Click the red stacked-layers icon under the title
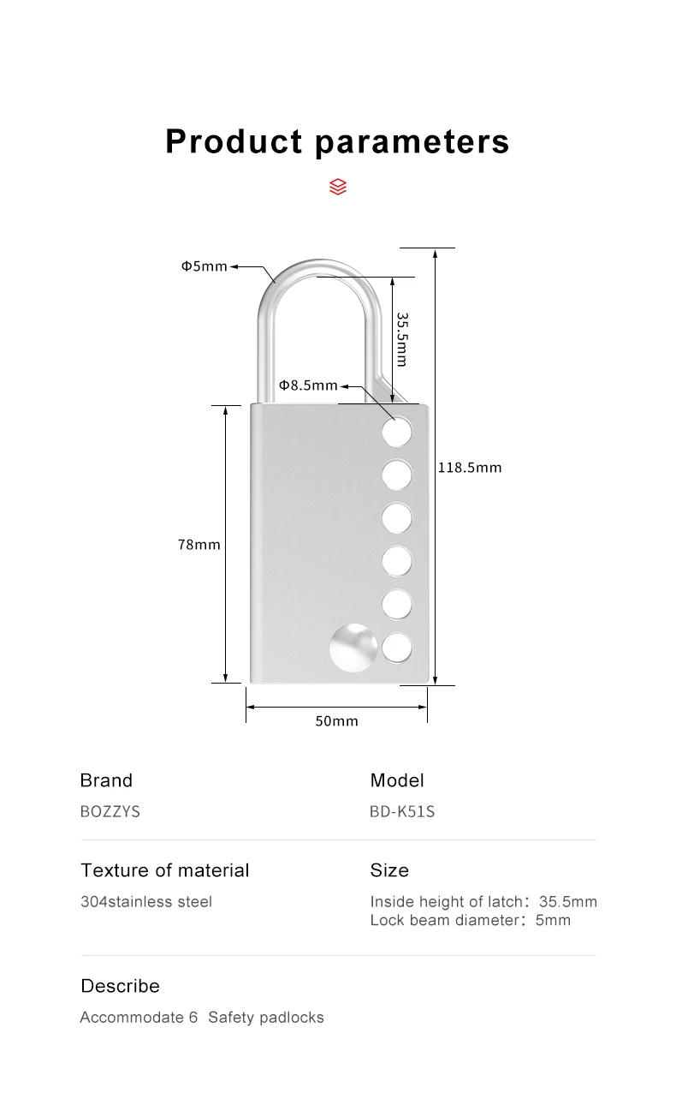pos(338,186)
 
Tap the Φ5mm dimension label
pos(204,266)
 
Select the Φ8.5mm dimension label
pos(308,385)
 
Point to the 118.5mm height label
pos(470,468)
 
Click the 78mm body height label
pos(199,544)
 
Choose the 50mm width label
pos(337,721)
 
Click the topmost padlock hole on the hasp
pos(397,431)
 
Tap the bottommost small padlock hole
pos(397,648)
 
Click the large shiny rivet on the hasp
pos(353,648)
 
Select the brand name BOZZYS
pos(110,811)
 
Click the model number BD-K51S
pos(402,811)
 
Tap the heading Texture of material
pos(165,870)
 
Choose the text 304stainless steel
pos(146,902)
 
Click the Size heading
pos(389,870)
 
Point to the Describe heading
pos(120,986)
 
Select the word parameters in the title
pos(412,141)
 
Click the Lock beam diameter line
pos(470,921)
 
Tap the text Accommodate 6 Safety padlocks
pos(202,1018)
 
